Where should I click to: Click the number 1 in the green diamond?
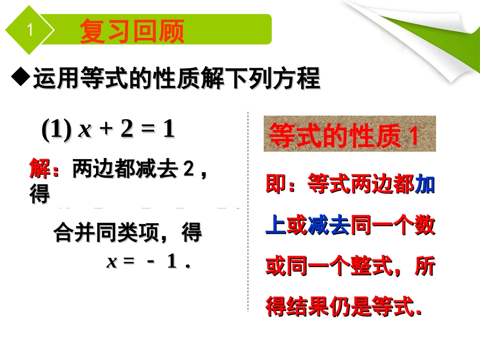point(30,31)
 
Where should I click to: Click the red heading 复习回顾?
point(132,31)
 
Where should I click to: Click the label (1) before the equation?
point(56,130)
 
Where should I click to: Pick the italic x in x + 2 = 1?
point(85,131)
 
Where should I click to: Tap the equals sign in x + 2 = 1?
point(147,130)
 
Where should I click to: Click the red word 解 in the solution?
point(40,169)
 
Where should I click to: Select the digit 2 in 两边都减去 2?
point(188,169)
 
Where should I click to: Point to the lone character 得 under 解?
point(39,194)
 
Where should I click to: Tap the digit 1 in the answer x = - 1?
point(172,262)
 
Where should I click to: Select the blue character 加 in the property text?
point(425,185)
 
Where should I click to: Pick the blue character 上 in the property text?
point(275,226)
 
